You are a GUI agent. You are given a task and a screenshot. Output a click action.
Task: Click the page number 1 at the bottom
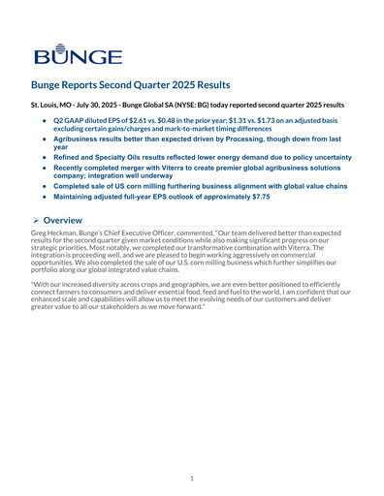tap(192, 478)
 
